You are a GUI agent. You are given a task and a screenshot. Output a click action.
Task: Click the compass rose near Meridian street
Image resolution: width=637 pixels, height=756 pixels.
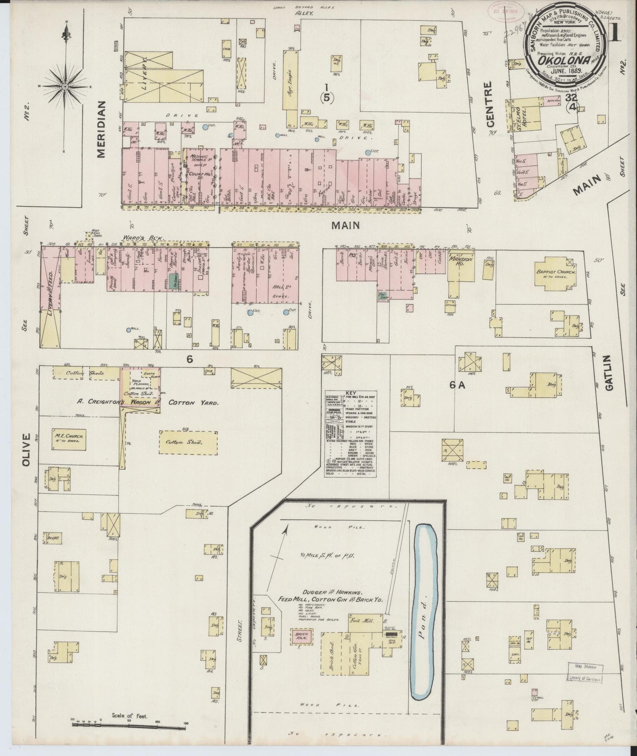point(65,86)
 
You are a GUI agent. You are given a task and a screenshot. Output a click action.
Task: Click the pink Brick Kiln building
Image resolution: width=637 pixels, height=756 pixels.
point(302,637)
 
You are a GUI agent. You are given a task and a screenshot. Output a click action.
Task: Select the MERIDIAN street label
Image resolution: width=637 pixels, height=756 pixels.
point(101,129)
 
